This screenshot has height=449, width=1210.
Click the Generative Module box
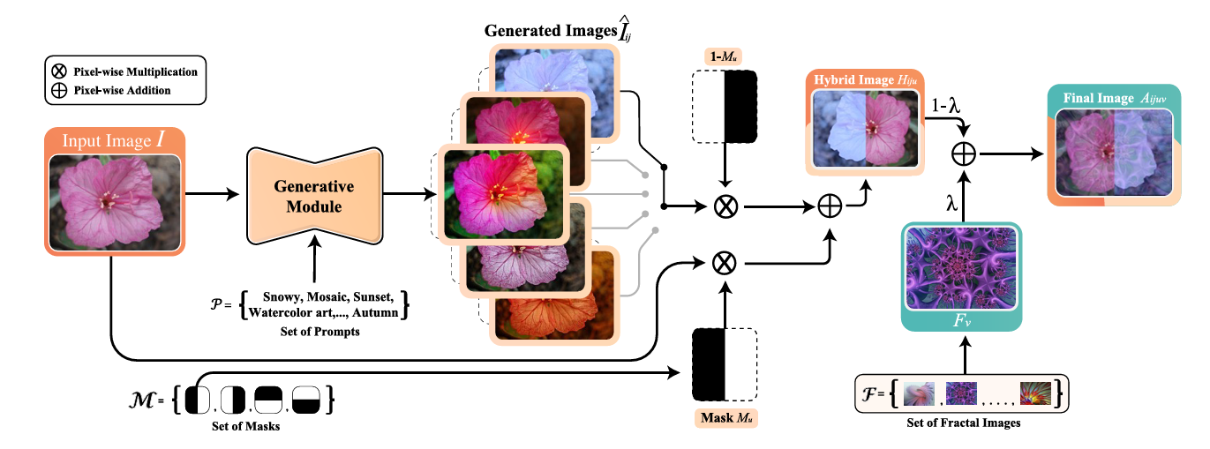point(313,196)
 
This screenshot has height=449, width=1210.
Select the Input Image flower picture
point(114,199)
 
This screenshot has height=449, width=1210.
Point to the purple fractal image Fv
point(960,269)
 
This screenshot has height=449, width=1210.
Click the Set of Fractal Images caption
point(963,422)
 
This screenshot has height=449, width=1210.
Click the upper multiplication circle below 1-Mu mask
point(725,208)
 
